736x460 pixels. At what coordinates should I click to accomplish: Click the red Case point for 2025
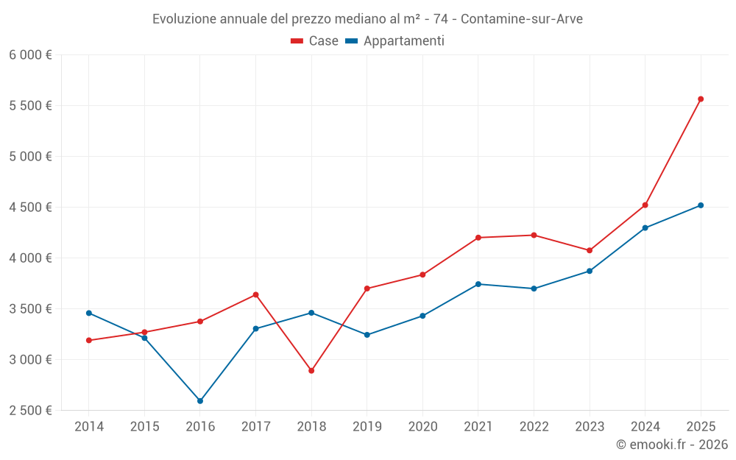701,99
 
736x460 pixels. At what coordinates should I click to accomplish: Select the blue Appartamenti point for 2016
200,401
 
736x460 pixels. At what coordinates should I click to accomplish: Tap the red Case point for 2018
311,371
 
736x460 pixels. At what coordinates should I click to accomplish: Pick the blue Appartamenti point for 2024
645,228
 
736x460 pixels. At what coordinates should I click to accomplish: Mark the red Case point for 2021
478,238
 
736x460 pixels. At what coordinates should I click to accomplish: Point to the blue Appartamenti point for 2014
89,313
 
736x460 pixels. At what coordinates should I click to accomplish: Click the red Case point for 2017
255,294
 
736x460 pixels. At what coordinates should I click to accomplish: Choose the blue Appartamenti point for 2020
422,316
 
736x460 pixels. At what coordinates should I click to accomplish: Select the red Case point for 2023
590,250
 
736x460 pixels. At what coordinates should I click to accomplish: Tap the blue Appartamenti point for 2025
701,205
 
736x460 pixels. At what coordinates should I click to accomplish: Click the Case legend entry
315,41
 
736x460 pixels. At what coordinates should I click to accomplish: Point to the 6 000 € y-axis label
30,55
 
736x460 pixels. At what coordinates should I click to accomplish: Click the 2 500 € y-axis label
30,411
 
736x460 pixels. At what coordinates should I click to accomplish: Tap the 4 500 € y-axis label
30,208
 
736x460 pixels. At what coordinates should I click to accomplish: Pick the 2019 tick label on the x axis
367,427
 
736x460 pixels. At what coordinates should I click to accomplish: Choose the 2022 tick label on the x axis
534,427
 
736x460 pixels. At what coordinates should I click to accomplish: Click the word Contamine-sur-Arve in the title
521,19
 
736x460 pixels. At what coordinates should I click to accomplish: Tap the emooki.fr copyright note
672,445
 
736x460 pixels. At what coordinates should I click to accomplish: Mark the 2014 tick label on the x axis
89,427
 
